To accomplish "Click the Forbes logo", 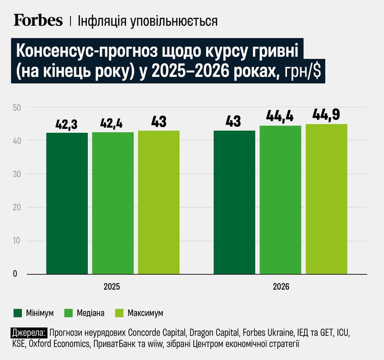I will (38, 20).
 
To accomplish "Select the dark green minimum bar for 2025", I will (67, 203).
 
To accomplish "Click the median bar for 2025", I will (113, 203).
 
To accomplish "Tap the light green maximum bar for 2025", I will (159, 203).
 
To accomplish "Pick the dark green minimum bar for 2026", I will (234, 203).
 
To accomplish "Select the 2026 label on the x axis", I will (281, 286).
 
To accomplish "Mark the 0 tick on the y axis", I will (15, 274).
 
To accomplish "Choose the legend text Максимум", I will (146, 313).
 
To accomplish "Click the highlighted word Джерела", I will (28, 333).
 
